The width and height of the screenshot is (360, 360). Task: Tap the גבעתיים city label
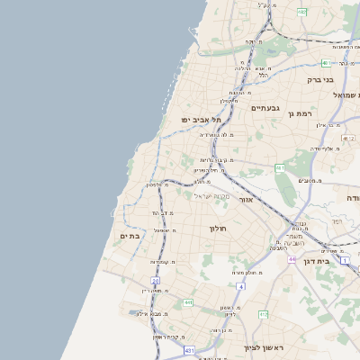[265, 108]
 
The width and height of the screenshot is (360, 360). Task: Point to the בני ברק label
[320, 80]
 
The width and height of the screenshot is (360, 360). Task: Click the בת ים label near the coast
[130, 235]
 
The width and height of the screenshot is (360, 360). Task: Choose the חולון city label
[219, 229]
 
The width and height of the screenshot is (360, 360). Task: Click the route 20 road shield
[155, 281]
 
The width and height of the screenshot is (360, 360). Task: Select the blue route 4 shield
[241, 286]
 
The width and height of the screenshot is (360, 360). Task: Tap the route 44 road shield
[292, 259]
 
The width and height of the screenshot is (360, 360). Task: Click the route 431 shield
[189, 350]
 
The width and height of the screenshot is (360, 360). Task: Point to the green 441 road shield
[188, 303]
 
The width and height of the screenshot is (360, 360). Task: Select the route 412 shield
[263, 314]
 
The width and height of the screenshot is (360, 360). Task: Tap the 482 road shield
[301, 12]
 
